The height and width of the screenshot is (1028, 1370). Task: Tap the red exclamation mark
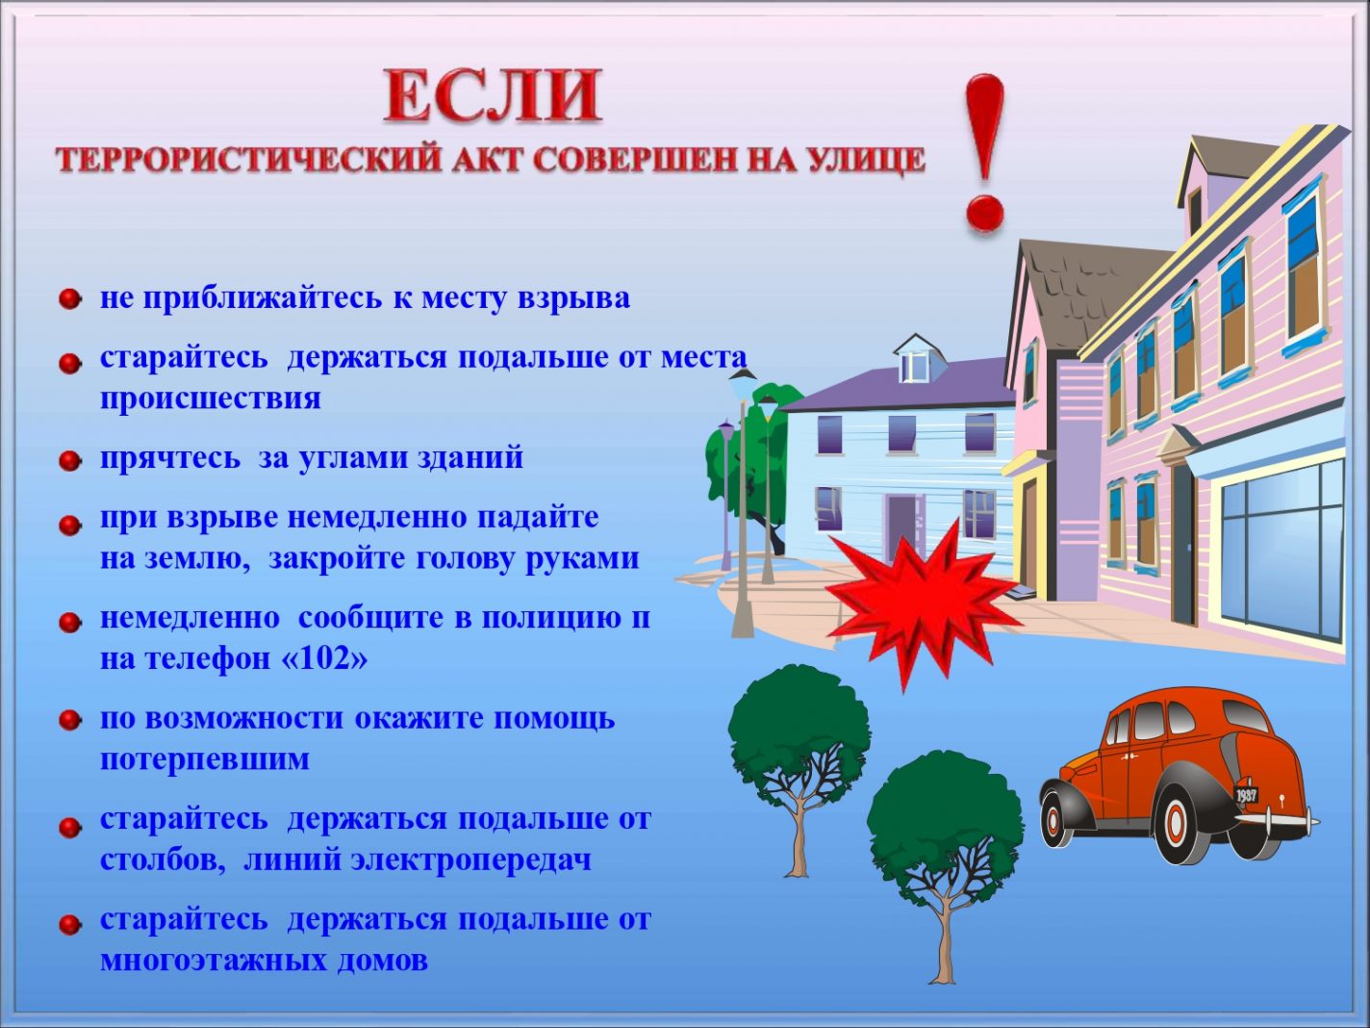(x=985, y=152)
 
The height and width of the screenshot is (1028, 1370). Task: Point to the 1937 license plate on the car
(x=1247, y=794)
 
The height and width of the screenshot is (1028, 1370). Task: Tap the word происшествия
(x=211, y=398)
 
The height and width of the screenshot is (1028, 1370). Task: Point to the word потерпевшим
(x=205, y=759)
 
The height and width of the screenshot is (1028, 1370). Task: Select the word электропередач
(x=470, y=861)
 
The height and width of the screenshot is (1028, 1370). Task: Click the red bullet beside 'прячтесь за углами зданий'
(x=70, y=461)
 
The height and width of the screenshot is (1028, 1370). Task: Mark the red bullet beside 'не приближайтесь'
(x=70, y=299)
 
